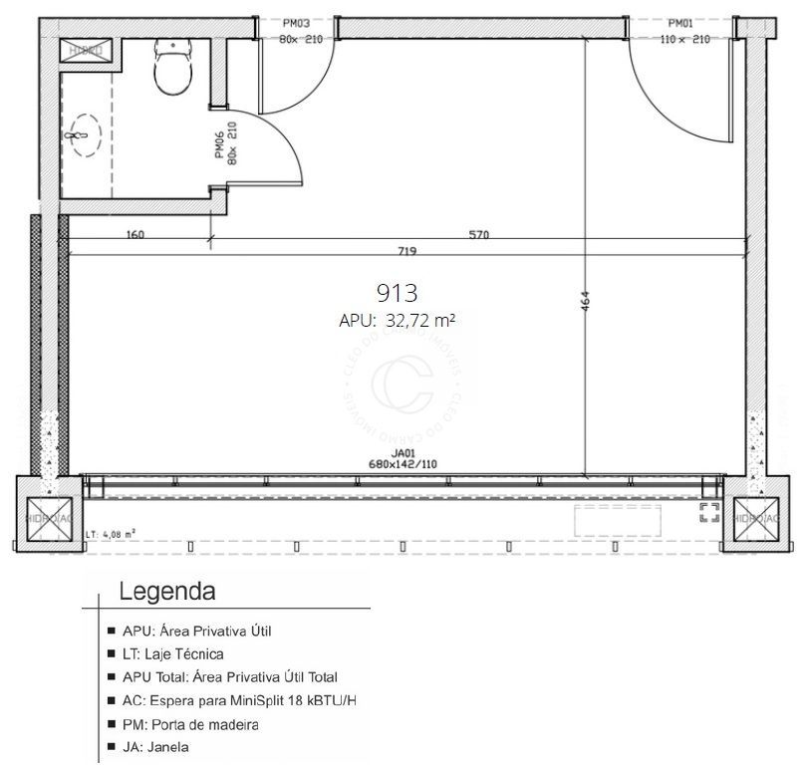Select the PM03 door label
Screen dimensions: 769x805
[x=296, y=23]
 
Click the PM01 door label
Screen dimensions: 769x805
[x=681, y=23]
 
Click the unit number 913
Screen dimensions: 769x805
[x=396, y=293]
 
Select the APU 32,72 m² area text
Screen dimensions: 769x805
[x=397, y=321]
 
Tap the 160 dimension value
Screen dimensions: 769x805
[x=136, y=236]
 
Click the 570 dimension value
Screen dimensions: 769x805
[x=479, y=236]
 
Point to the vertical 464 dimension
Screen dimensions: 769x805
[x=585, y=304]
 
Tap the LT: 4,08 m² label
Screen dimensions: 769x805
[x=111, y=533]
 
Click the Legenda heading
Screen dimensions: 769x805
[x=167, y=592]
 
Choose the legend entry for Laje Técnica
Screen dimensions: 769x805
[x=172, y=654]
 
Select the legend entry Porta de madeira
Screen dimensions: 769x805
[x=190, y=724]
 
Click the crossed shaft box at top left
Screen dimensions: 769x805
[x=87, y=50]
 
